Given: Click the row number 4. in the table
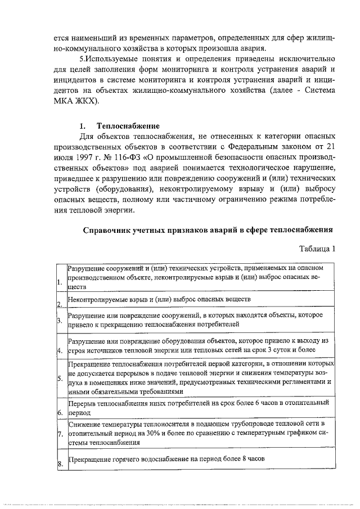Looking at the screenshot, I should point(60,352).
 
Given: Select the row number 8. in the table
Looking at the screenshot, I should point(60,463).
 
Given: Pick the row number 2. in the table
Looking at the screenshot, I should point(60,304).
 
